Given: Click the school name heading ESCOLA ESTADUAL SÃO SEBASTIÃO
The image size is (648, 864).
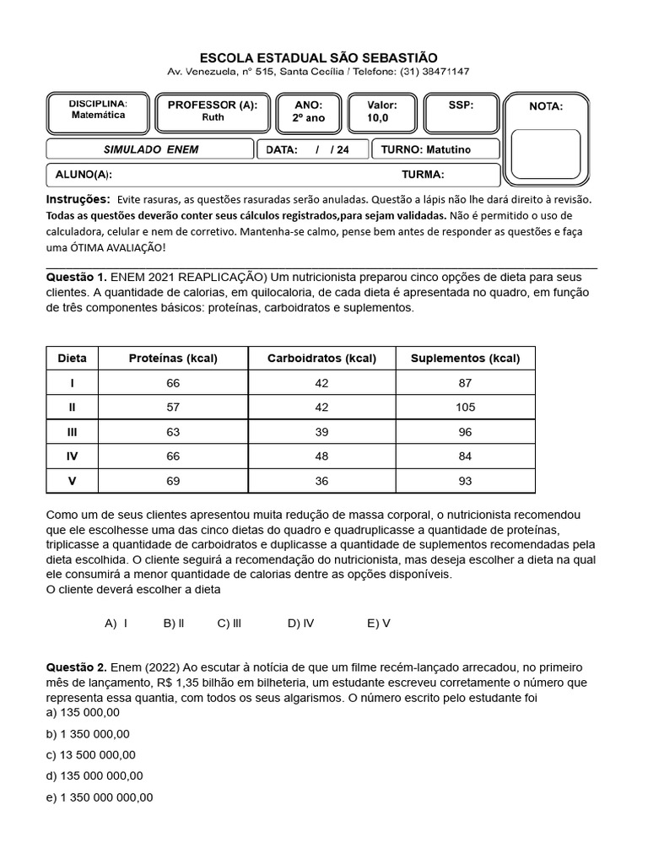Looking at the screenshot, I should point(318,57).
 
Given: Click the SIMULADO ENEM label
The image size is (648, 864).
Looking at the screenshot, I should point(150,149).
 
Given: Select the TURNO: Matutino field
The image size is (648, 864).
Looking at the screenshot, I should point(437,149).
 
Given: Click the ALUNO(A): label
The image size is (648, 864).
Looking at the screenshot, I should point(84,175).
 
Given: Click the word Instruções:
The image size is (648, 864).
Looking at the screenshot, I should point(78,199).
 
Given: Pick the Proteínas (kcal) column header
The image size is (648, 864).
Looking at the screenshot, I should point(173,358).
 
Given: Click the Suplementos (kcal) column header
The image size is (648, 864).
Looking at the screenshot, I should point(465,358).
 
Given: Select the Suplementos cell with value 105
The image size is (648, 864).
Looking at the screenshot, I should point(465,408).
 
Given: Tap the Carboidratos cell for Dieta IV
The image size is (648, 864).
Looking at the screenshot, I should point(321,456).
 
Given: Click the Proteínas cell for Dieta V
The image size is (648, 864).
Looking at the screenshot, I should point(173,481).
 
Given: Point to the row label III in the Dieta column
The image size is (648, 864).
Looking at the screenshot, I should point(72,432).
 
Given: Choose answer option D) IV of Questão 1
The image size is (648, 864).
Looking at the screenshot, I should point(300,624).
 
